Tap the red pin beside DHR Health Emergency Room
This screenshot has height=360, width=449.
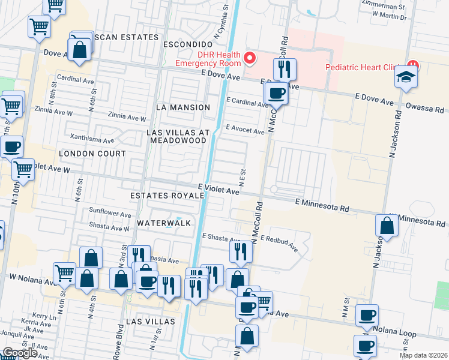pyautogui.click(x=250, y=58)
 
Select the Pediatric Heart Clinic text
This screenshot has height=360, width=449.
pyautogui.click(x=364, y=67)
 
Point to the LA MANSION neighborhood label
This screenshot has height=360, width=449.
pyautogui.click(x=182, y=107)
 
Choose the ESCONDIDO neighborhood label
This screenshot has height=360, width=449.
pyautogui.click(x=188, y=45)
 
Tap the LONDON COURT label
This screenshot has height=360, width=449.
pyautogui.click(x=92, y=154)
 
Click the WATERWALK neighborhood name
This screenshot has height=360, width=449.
pyautogui.click(x=163, y=223)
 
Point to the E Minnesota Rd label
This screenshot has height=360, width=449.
pyautogui.click(x=322, y=206)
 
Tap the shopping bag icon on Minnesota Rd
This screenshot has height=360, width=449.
pyautogui.click(x=387, y=226)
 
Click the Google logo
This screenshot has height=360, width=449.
pyautogui.click(x=19, y=353)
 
